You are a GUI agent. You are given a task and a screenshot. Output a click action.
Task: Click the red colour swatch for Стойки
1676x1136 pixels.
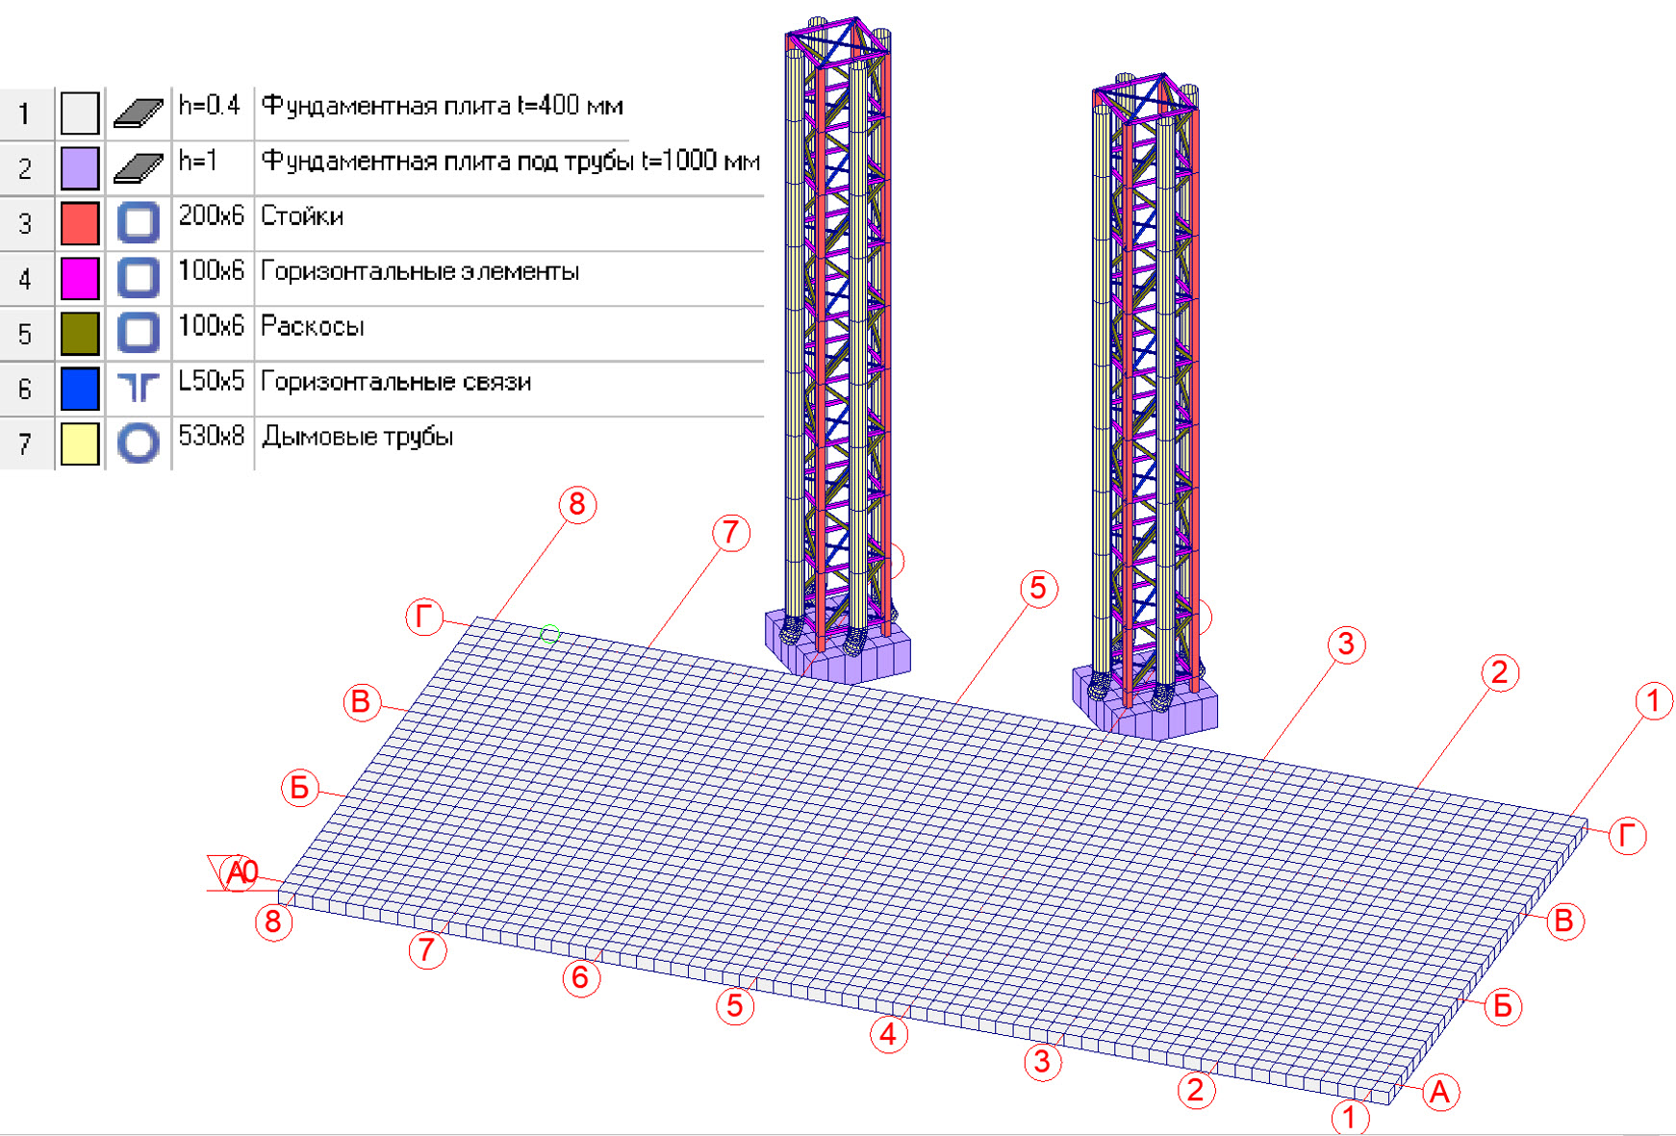click(x=80, y=223)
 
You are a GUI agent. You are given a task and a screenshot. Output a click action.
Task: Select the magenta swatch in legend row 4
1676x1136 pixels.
click(x=80, y=278)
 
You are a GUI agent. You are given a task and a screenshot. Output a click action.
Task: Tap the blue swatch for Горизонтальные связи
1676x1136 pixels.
click(x=80, y=389)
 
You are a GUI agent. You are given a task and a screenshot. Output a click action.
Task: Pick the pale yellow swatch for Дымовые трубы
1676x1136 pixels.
click(x=80, y=443)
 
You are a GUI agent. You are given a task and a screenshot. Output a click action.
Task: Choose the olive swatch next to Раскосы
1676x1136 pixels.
click(x=80, y=334)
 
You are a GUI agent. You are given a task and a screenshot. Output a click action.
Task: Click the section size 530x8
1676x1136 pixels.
click(x=211, y=437)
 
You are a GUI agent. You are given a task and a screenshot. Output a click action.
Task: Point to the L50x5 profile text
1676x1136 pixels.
click(x=211, y=381)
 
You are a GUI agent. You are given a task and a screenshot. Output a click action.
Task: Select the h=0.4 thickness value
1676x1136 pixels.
click(x=209, y=105)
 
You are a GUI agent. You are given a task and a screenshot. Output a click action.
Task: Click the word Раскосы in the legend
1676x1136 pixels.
click(x=313, y=327)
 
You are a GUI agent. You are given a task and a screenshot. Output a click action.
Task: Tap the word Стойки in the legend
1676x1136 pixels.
click(x=302, y=216)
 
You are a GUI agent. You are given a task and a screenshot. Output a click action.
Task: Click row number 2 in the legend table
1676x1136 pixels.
click(x=25, y=169)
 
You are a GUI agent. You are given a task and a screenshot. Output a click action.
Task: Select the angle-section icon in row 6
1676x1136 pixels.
click(x=139, y=388)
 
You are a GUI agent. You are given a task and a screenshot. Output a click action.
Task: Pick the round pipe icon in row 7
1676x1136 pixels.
click(x=139, y=443)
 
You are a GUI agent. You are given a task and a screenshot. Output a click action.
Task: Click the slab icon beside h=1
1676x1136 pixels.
click(x=139, y=168)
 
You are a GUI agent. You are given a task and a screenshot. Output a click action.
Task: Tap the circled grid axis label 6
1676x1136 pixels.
click(x=580, y=978)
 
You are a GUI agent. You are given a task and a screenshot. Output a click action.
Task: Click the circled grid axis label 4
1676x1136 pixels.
click(x=888, y=1035)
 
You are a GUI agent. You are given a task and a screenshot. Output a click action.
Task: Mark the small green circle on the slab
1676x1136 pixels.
click(x=549, y=634)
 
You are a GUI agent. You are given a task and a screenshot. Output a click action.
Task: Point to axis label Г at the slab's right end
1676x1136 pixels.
click(x=1627, y=836)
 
